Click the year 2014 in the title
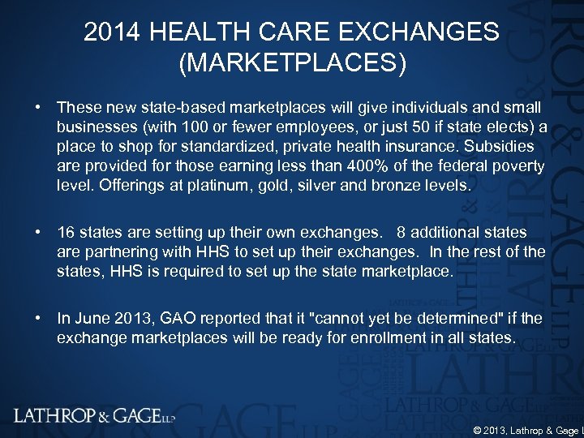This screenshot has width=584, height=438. (114, 33)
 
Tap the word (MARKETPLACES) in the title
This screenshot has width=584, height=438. (292, 62)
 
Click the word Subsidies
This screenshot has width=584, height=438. (498, 147)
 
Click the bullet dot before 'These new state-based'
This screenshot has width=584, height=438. (38, 108)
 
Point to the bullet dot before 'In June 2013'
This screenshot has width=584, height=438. (38, 318)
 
